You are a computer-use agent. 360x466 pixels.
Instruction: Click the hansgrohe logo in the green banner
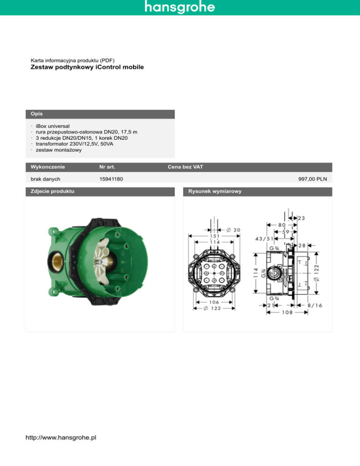click(180, 8)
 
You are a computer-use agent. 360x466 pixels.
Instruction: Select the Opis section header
click(35, 114)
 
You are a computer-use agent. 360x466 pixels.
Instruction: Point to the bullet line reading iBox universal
click(52, 127)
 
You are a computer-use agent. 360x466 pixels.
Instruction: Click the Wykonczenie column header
click(47, 167)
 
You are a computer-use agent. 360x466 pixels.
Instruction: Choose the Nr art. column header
click(107, 167)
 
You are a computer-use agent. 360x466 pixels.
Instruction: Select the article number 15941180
click(112, 179)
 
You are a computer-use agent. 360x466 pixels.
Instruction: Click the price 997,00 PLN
click(313, 179)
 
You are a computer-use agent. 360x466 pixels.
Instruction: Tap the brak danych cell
click(45, 179)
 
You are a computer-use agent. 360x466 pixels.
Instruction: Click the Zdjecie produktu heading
click(52, 191)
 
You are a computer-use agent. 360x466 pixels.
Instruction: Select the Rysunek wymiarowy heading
click(214, 191)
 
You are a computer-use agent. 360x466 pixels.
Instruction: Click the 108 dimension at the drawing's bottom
click(287, 312)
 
